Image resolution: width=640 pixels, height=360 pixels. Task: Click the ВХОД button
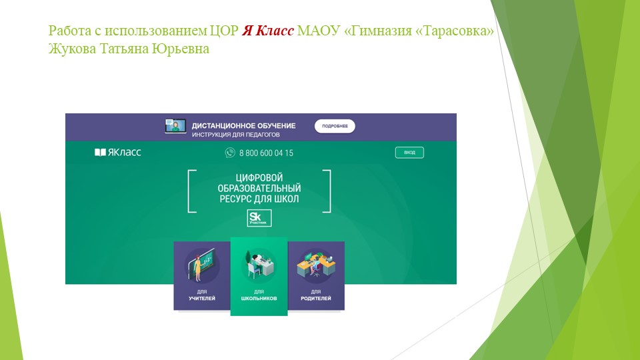pos(409,153)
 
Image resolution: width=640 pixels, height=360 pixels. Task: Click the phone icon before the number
pos(231,153)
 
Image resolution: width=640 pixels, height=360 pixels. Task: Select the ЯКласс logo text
pos(118,153)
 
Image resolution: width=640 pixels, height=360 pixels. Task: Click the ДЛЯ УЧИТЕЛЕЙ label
pos(202,295)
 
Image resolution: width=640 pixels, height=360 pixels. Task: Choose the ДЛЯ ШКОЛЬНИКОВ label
pos(259,295)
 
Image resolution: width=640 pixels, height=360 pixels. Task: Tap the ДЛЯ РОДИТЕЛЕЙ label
pos(316,295)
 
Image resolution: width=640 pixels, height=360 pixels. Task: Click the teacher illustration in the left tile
pos(201,265)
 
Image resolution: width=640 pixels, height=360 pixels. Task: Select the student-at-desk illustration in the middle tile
pos(259,263)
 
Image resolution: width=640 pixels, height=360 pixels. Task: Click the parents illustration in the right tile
pos(316,264)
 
